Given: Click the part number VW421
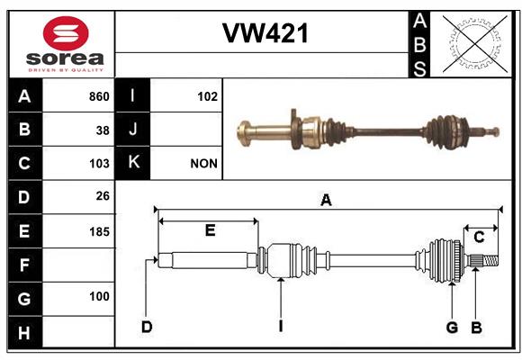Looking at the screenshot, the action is click(x=265, y=33).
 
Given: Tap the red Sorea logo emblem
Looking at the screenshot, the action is click(x=66, y=33).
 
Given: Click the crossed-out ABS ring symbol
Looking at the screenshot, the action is click(x=474, y=44).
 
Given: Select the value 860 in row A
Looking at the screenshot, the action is click(x=99, y=96).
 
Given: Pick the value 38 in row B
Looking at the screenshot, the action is click(x=103, y=130).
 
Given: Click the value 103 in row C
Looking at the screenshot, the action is click(x=99, y=164).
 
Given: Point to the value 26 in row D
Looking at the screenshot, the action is click(x=103, y=196).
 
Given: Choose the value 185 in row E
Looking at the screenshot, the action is click(x=99, y=231).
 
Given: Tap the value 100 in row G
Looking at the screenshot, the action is click(x=99, y=296).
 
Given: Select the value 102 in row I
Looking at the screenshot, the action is click(x=207, y=96).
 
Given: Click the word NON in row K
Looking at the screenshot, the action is click(x=203, y=164).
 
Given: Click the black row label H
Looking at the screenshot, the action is click(x=25, y=333).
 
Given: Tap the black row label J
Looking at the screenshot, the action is click(x=132, y=130).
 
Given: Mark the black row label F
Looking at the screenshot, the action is click(x=25, y=265).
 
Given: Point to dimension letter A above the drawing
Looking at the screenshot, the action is click(x=326, y=200).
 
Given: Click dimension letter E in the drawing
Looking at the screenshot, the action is click(x=210, y=230).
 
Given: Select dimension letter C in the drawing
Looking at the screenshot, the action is click(x=479, y=238).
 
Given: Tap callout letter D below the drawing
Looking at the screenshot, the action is click(x=147, y=327).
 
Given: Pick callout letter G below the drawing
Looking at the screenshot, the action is click(x=452, y=328).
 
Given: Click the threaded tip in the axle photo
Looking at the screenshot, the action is click(x=489, y=131).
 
